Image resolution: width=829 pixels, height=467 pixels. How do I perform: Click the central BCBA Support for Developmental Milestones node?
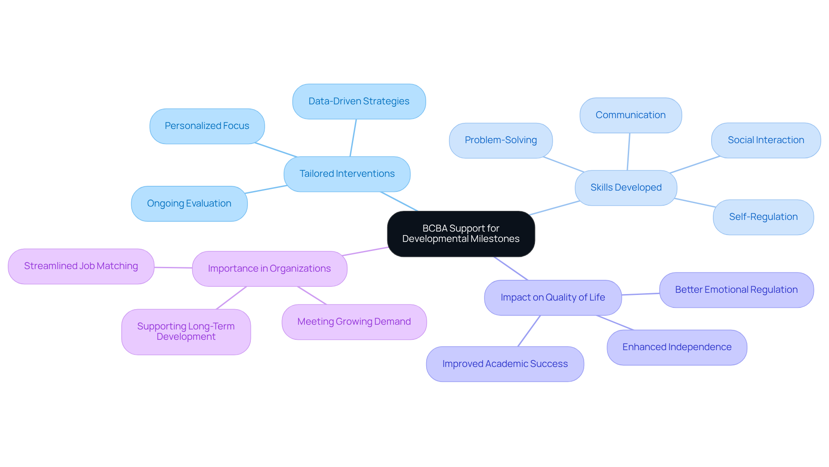coord(461,234)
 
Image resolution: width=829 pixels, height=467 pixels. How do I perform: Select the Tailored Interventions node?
coord(347,174)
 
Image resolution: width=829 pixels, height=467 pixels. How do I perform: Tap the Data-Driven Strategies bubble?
coord(359,101)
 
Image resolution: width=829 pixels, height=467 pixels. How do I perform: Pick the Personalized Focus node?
coord(207,126)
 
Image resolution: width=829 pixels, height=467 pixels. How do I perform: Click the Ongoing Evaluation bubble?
coord(189,204)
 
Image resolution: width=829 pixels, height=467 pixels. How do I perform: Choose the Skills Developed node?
coord(626,188)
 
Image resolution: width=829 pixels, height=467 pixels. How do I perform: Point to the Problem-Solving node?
coord(500,140)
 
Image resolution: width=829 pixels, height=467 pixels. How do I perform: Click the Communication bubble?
coord(630,115)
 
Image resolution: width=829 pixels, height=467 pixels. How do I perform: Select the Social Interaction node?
coord(766,140)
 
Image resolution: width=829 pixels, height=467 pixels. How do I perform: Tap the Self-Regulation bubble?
coord(763,217)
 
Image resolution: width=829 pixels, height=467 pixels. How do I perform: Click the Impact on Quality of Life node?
coord(553,298)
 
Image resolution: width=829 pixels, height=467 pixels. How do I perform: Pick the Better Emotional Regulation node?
coord(736,290)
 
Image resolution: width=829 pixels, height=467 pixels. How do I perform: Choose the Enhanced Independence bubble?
coord(677,347)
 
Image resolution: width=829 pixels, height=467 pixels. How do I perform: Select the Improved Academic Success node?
coord(505,364)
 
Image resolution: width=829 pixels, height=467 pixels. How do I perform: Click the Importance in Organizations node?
coord(269,269)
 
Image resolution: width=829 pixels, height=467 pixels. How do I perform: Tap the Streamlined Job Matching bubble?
coord(81,266)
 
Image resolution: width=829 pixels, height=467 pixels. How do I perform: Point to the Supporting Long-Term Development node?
coord(186,332)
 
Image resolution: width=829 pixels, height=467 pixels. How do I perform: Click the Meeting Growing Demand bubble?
coord(354,322)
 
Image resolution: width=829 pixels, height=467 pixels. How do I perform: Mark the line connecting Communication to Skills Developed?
coord(629,152)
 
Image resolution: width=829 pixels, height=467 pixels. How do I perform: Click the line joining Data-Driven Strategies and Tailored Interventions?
coord(353,138)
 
